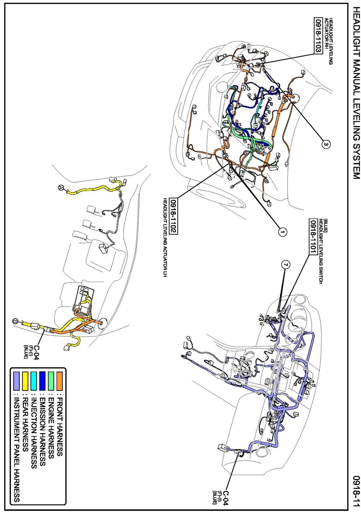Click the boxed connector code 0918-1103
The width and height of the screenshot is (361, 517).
point(318,36)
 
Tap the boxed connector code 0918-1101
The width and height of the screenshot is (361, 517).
point(313,237)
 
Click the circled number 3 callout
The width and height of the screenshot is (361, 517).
point(326,144)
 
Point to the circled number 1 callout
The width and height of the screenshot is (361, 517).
point(282,232)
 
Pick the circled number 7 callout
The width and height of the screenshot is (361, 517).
point(285,264)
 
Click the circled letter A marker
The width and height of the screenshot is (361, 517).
point(61,187)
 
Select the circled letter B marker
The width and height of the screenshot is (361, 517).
point(15,321)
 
